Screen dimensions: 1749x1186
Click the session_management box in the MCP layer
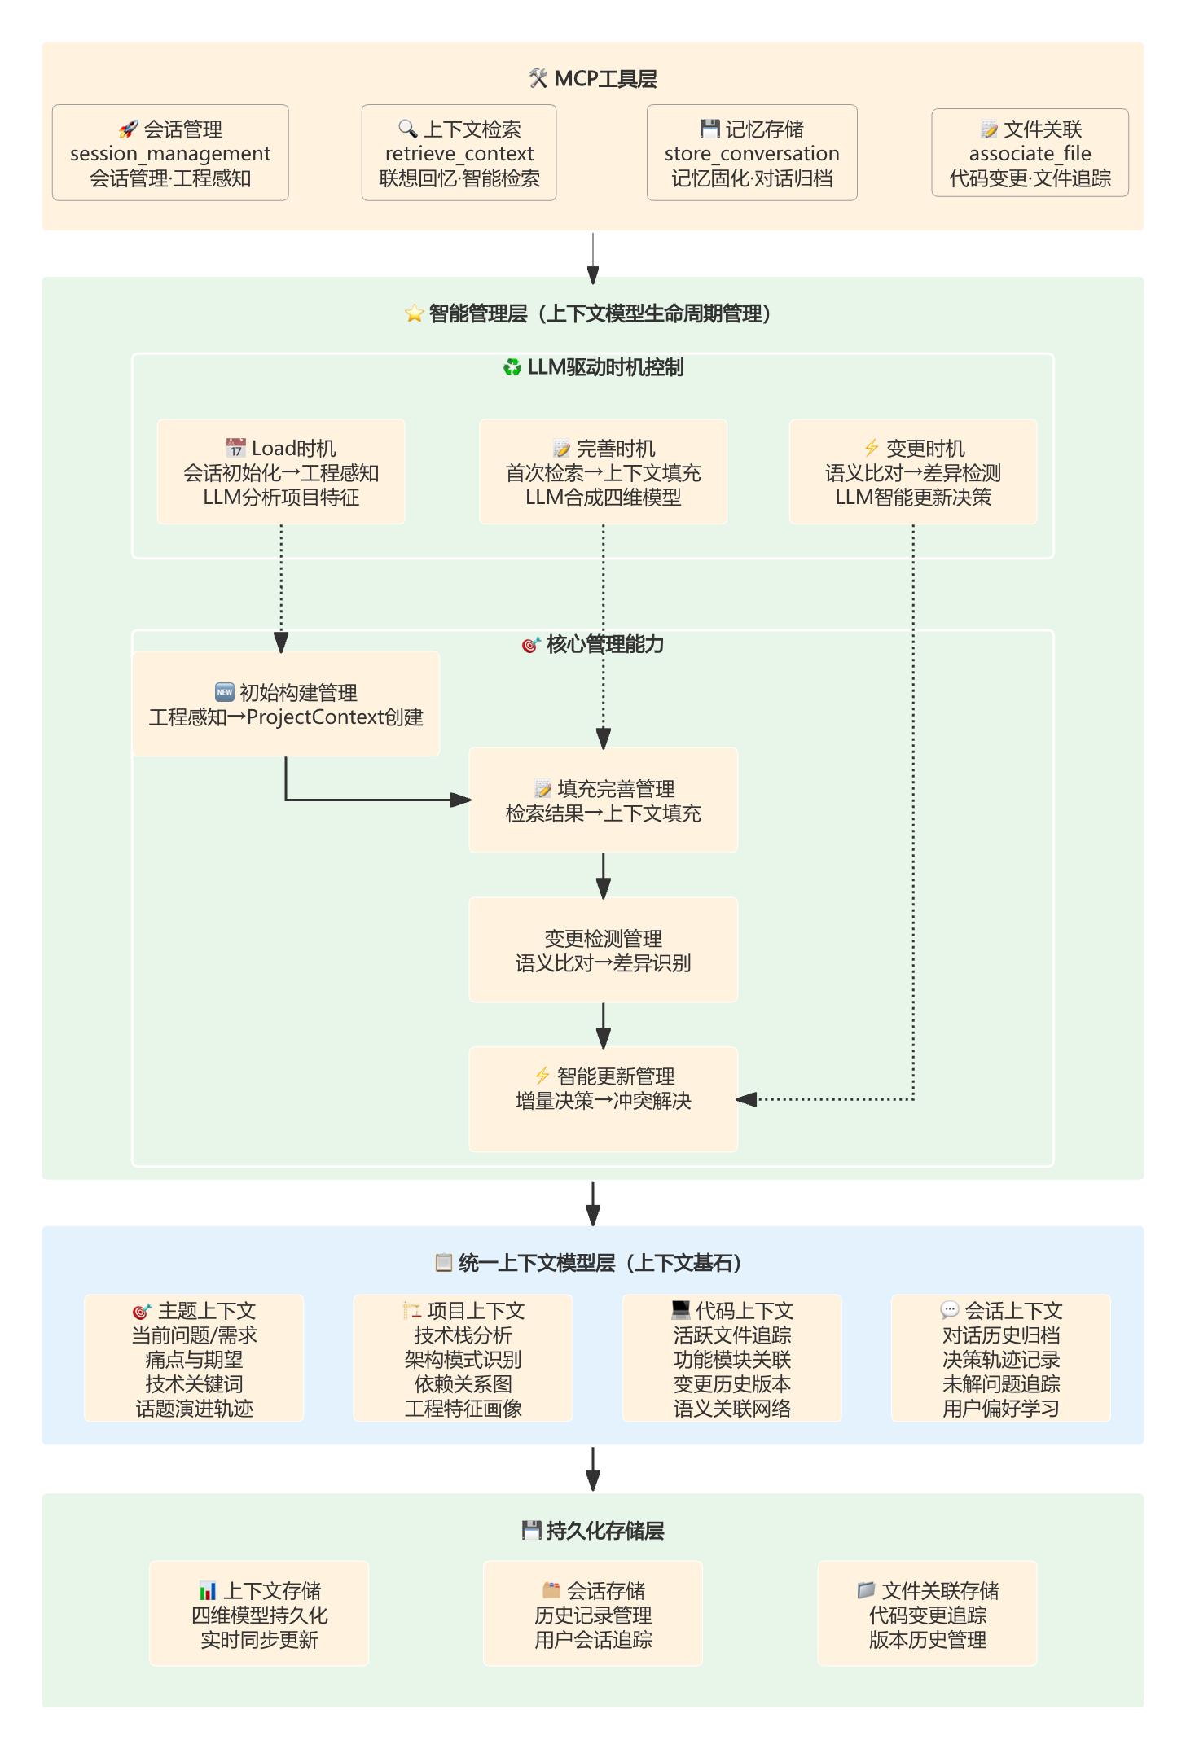[x=170, y=153]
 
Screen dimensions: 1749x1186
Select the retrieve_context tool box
[x=459, y=153]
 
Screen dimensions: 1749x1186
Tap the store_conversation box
[x=751, y=153]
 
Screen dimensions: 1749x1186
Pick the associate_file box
[x=1030, y=153]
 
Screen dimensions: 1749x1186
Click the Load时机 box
[x=281, y=472]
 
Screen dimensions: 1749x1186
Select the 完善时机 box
[x=603, y=472]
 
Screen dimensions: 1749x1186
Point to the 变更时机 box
[x=912, y=472]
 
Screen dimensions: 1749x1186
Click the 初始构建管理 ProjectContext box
[x=286, y=704]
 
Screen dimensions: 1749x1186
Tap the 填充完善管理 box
[x=603, y=800]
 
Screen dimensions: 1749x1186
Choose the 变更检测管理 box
[x=603, y=950]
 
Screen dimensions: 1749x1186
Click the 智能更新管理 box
[x=603, y=1099]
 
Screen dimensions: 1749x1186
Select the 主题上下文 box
[x=194, y=1359]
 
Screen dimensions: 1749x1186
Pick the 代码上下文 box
[x=731, y=1359]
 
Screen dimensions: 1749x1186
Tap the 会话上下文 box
[x=1000, y=1359]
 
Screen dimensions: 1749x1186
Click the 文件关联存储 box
[x=927, y=1614]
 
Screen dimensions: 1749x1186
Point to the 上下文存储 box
[x=259, y=1614]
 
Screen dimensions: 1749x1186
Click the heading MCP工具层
[x=593, y=79]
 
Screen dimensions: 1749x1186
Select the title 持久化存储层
[x=593, y=1531]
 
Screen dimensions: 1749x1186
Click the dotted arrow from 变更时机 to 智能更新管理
[x=913, y=814]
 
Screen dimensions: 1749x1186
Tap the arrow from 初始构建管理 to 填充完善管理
[x=367, y=800]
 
